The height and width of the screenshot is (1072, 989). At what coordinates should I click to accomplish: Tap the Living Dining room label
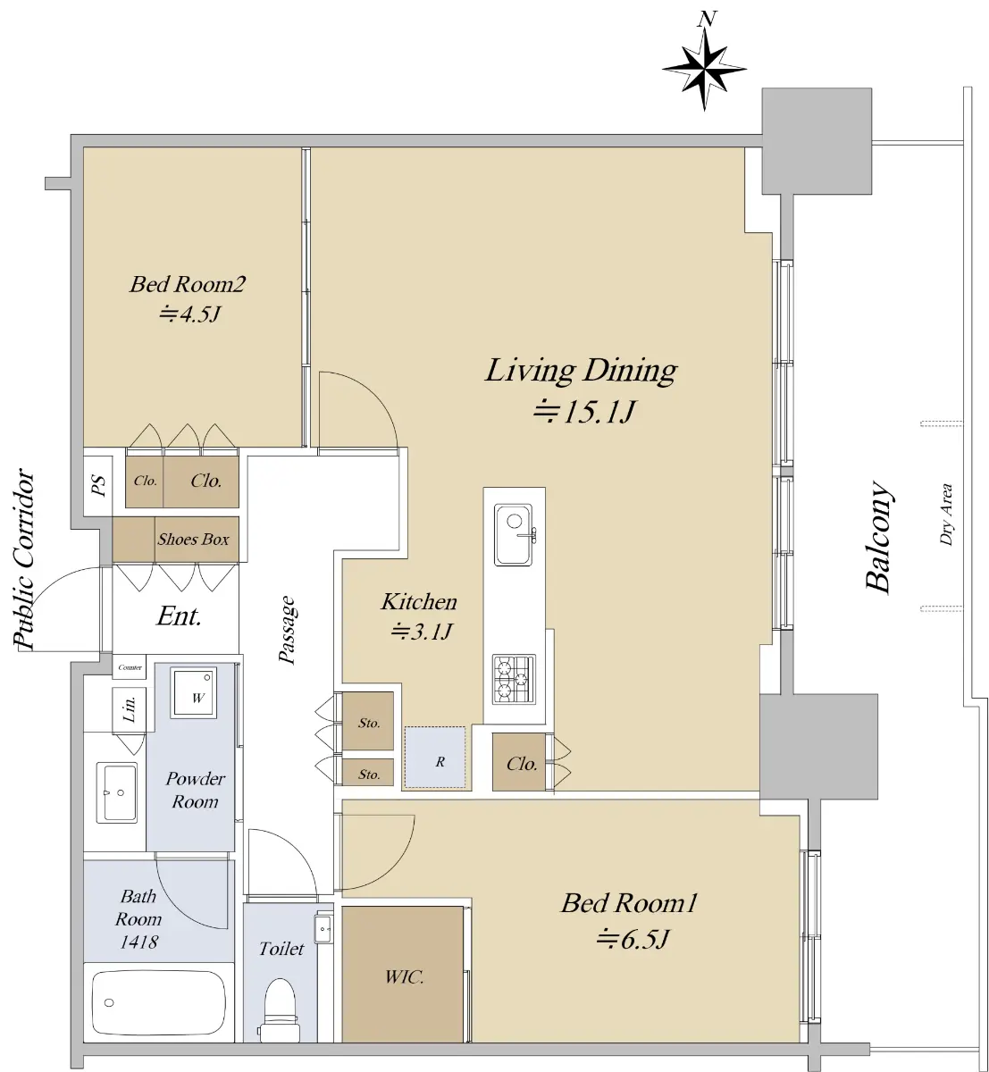[581, 371]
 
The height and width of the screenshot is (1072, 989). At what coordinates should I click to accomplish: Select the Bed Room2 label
[188, 284]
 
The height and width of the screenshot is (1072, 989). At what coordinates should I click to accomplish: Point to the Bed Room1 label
[629, 903]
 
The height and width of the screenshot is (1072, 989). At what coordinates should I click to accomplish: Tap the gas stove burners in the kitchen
[514, 679]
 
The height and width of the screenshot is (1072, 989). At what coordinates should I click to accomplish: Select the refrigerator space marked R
[435, 757]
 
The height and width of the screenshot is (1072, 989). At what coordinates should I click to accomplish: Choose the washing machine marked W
[193, 692]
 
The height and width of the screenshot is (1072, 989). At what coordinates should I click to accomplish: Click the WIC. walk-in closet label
[405, 976]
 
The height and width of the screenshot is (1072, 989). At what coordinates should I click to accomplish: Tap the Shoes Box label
[193, 539]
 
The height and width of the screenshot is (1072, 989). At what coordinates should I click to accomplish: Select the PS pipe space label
[99, 485]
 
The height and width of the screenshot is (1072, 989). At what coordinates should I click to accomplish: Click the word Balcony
[877, 537]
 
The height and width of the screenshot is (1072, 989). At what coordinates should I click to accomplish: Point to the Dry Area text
[945, 515]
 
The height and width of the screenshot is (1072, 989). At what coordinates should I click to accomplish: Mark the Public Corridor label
[24, 559]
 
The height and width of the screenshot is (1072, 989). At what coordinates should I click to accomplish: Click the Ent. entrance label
[179, 616]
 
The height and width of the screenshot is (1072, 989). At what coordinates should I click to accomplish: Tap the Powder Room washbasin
[117, 791]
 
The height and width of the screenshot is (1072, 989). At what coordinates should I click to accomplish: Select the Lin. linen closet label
[129, 708]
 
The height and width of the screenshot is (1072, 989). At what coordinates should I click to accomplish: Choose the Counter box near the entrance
[130, 667]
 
